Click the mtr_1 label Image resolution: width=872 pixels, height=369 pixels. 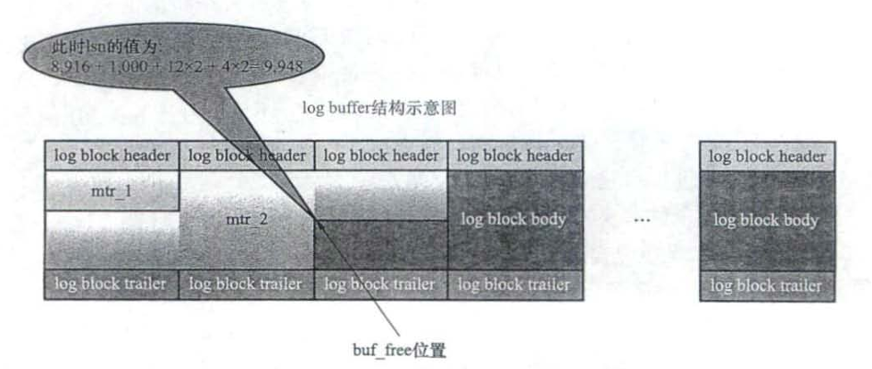pos(110,195)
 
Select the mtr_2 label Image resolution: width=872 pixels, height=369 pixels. pos(246,221)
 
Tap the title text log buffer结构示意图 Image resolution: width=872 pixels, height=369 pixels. pos(380,109)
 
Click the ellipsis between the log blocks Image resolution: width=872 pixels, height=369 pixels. pos(644,221)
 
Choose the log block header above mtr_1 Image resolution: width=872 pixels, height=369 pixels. pos(110,156)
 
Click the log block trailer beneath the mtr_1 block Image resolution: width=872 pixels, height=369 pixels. pos(110,283)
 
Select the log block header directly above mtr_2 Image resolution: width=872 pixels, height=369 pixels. pos(246,156)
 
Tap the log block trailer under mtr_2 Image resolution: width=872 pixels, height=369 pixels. pos(246,283)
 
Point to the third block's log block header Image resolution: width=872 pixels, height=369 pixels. pos(380,156)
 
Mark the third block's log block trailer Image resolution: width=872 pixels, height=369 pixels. pos(380,283)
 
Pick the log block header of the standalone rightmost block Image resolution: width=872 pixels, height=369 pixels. pos(767,156)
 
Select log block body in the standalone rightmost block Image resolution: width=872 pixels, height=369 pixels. pos(767,221)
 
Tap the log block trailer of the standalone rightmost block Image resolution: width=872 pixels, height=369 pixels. pos(767,285)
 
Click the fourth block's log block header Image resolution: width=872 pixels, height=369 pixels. pos(515,156)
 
